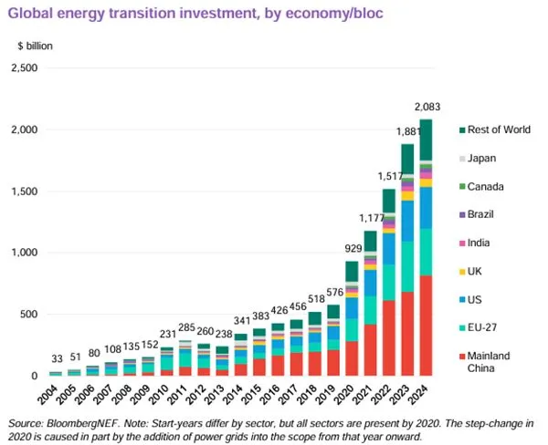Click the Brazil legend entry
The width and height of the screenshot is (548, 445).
[489, 215]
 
